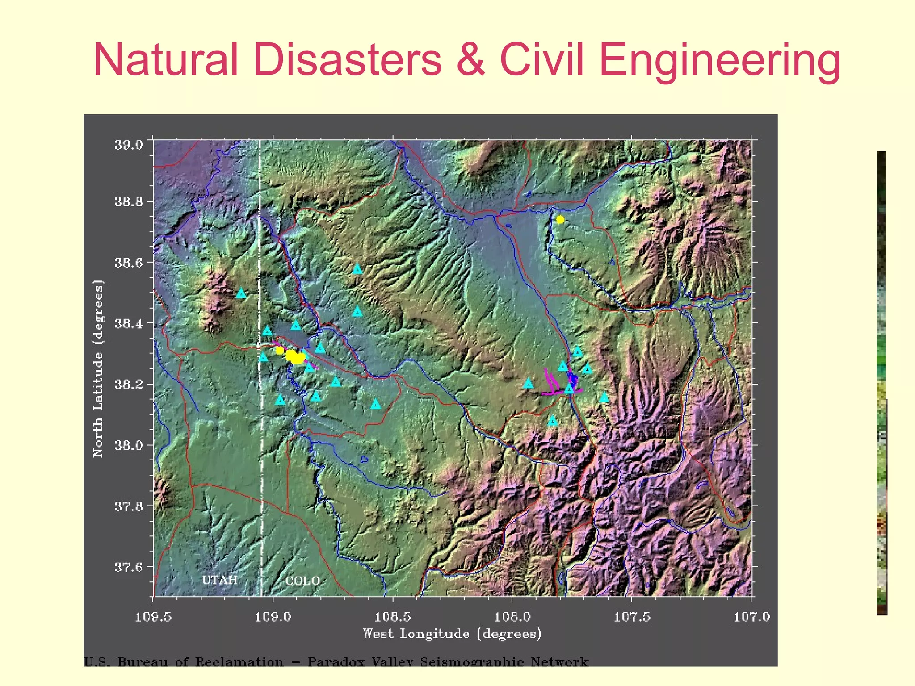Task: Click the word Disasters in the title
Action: [348, 60]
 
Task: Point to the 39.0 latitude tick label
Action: [129, 145]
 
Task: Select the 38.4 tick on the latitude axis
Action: [129, 323]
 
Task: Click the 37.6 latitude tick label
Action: [129, 567]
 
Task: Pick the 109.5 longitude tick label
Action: [153, 617]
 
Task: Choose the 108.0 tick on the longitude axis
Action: [512, 617]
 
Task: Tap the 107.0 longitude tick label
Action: [751, 617]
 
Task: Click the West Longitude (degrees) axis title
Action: [452, 633]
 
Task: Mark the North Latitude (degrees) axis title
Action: [98, 368]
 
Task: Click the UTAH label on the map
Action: [219, 580]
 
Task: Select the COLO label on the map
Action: [302, 581]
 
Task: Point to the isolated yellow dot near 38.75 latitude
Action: [560, 219]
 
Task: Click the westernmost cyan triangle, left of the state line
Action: [241, 293]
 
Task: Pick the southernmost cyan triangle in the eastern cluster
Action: [553, 421]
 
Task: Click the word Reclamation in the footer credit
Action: [239, 661]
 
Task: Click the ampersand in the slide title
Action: [470, 60]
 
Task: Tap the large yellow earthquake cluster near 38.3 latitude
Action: [295, 357]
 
